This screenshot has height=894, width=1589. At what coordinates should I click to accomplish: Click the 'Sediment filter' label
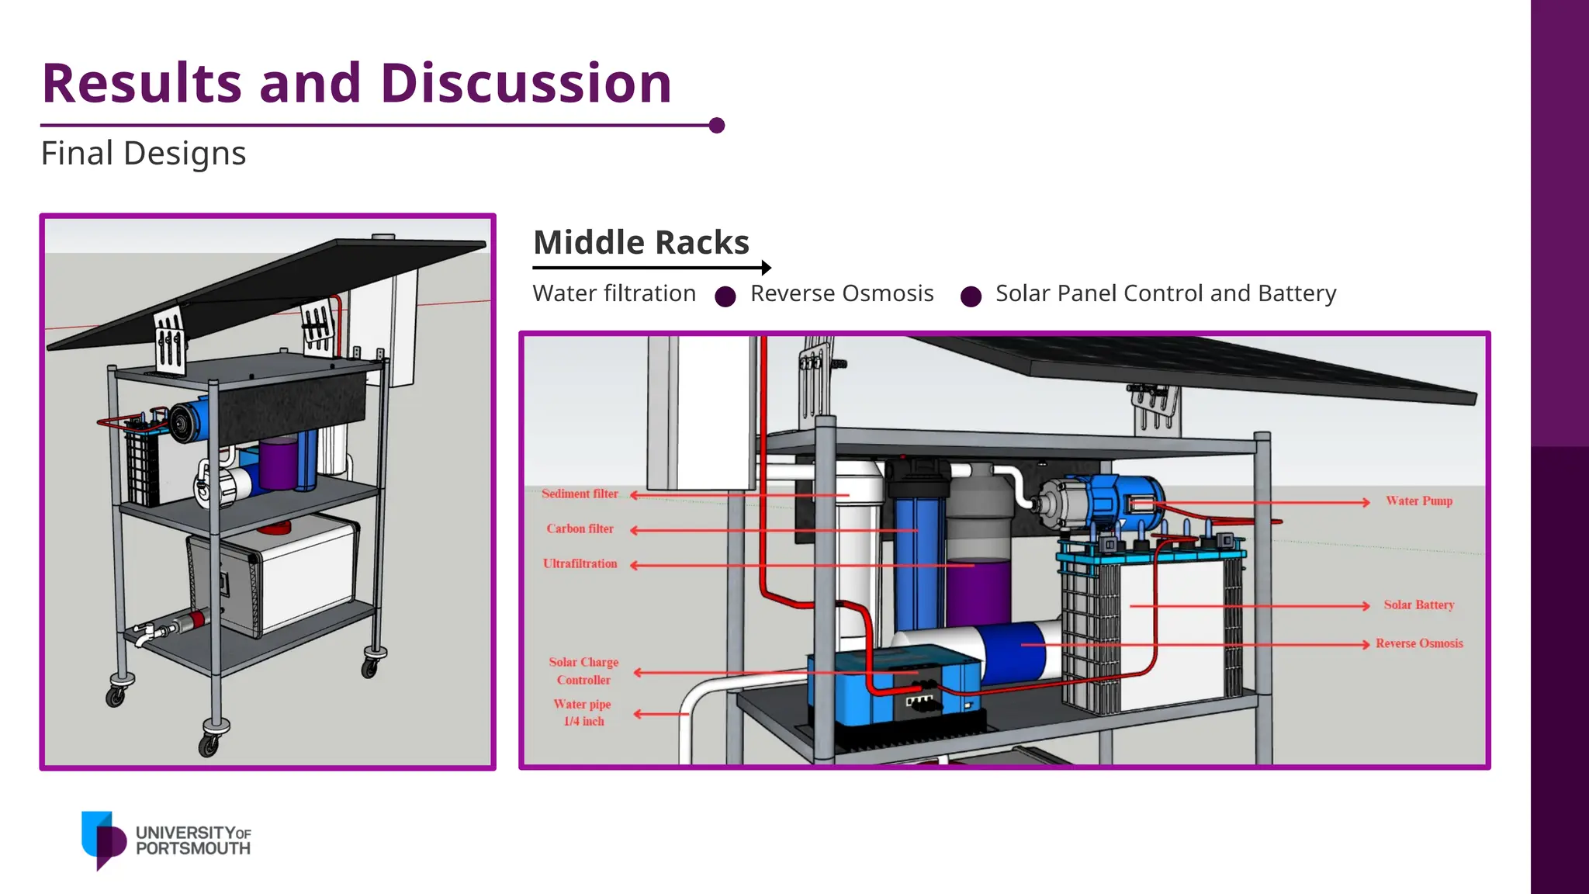(580, 494)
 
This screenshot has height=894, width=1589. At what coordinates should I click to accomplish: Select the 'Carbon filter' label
(580, 528)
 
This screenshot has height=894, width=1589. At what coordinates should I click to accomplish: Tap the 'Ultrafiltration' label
(580, 563)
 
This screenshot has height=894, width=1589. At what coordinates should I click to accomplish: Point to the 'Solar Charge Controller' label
(583, 670)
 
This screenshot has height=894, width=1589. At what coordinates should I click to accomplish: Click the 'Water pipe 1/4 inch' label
(583, 712)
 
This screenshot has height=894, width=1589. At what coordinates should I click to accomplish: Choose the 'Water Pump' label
(1419, 501)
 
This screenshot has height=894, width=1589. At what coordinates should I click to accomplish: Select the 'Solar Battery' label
(1418, 605)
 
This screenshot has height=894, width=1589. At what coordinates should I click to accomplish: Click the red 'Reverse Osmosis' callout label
(1419, 643)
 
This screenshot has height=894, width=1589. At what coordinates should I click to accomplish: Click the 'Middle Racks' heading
(641, 242)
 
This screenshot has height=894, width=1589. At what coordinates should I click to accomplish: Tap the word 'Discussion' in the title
(526, 83)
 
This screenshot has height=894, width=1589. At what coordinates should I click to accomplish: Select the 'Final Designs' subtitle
(144, 154)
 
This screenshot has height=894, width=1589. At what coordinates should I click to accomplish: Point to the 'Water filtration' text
(614, 293)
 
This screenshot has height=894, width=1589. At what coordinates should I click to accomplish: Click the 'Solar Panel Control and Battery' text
(1165, 293)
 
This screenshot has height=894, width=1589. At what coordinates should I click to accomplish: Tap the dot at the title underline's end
(717, 125)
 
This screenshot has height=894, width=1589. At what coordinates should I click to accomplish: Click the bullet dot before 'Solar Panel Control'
(971, 296)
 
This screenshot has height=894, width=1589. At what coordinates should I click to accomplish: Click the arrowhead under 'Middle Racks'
(767, 268)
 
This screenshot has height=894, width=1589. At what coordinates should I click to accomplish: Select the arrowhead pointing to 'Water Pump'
(1366, 502)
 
